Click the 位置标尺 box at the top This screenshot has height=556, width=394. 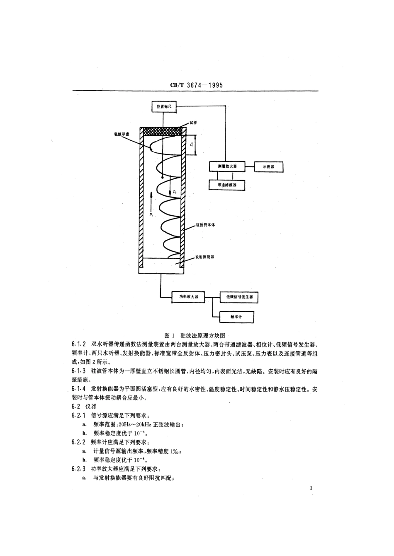point(164,107)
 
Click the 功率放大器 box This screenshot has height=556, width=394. point(188,297)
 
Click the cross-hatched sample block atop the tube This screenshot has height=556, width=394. point(162,130)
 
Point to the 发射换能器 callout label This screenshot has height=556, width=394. point(204,257)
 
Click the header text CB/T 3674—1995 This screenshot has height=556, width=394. point(197,85)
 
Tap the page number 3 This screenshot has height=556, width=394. point(311,489)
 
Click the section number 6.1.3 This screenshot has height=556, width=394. point(78,371)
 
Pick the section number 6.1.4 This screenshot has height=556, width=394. point(78,389)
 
